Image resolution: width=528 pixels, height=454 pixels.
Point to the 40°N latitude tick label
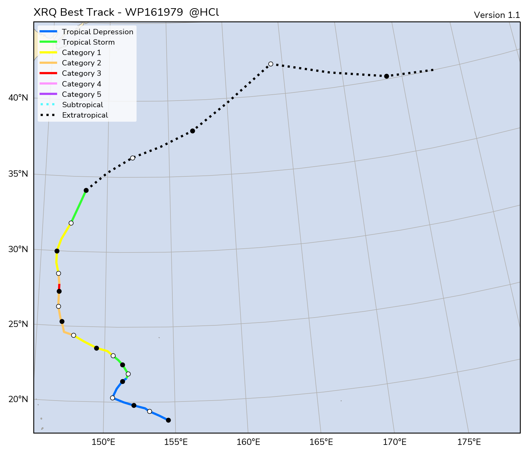19,98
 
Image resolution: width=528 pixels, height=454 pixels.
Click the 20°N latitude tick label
19,399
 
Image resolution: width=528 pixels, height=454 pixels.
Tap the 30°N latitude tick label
19,249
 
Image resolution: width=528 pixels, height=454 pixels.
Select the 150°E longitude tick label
104,442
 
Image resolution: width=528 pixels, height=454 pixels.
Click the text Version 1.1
497,15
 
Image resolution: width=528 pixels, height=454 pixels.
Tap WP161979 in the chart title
154,12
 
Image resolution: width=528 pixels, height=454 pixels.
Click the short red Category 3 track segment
59,287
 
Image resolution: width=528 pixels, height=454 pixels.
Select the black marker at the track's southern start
168,420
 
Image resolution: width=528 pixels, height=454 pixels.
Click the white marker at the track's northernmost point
271,64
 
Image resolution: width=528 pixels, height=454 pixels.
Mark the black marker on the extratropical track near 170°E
386,76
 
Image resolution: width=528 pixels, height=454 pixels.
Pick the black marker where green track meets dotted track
86,190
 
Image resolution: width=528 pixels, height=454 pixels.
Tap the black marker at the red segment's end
59,291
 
